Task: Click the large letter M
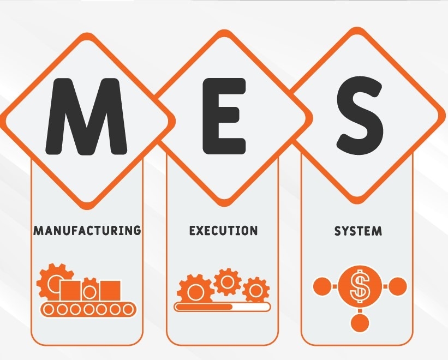86,117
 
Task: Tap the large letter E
224,116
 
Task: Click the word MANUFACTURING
87,230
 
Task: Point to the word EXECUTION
223,230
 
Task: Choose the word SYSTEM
358,231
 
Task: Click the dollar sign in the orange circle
360,286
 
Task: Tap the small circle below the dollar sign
360,322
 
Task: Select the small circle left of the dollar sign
322,286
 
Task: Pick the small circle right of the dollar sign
397,286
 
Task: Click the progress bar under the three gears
223,307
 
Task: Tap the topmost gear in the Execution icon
228,282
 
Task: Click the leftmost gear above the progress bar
195,290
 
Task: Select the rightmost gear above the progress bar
256,290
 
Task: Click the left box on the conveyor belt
70,291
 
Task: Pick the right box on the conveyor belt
110,291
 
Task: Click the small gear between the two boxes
90,290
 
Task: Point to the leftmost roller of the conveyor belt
49,309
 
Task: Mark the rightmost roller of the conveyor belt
128,309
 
